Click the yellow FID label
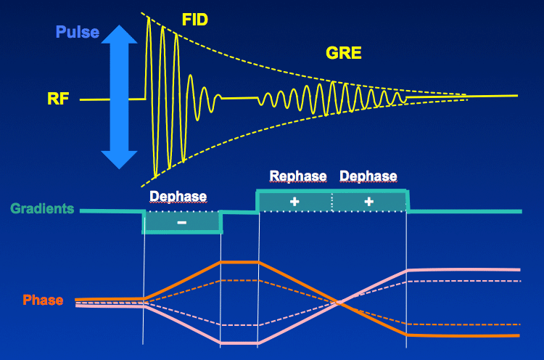tap(195, 20)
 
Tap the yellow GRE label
tap(344, 53)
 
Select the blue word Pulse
tap(78, 32)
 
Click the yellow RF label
tap(58, 99)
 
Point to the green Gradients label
tap(42, 208)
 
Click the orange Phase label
tap(43, 300)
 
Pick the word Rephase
tap(298, 176)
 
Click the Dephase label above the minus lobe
tap(178, 197)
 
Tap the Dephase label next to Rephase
tap(368, 176)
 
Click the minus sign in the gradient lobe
tap(182, 223)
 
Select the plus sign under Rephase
tap(294, 201)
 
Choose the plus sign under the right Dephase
tap(368, 201)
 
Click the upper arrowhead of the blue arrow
tap(120, 34)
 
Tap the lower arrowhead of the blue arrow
tap(120, 160)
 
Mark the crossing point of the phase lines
tap(339, 303)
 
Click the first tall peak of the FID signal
tap(149, 17)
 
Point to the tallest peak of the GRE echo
tap(333, 82)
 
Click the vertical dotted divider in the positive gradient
tap(332, 201)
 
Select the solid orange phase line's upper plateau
tap(239, 262)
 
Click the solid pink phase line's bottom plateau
tap(239, 343)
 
